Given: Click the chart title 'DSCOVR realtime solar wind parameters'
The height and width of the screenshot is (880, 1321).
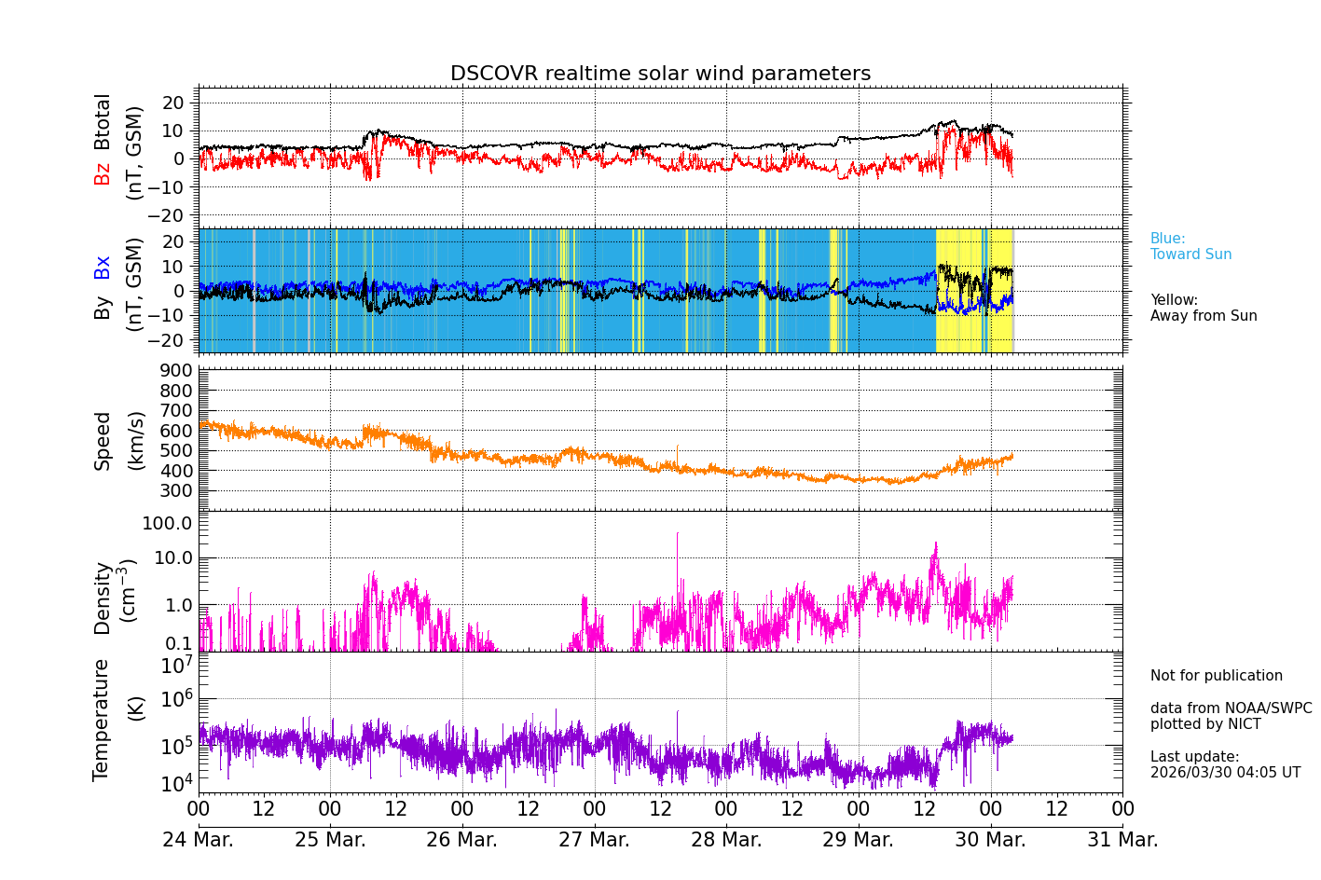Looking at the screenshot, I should click(x=660, y=74).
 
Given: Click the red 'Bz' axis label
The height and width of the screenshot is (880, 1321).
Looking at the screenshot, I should click(x=103, y=173).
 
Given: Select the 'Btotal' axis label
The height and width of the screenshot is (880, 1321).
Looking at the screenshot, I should click(x=103, y=121).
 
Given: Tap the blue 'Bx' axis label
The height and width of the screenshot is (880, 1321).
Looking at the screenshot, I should click(x=103, y=267).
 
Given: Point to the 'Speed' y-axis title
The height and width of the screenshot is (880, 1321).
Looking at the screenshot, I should click(x=103, y=440).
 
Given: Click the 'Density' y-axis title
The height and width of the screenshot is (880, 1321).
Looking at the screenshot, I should click(x=103, y=598).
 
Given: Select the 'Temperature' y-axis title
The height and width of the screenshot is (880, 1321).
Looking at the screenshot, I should click(x=101, y=719).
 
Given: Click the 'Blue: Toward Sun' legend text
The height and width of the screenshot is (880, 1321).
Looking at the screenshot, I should click(x=1190, y=246).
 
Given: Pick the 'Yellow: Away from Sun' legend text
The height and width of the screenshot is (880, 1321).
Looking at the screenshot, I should click(x=1203, y=308).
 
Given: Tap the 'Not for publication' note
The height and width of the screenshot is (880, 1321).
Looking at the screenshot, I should click(x=1216, y=676).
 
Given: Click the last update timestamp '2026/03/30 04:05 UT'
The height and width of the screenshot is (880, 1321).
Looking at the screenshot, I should click(x=1225, y=773).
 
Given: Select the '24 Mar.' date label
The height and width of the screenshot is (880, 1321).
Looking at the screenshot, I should click(x=198, y=840).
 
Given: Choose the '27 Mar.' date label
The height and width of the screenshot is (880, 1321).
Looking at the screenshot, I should click(x=594, y=840).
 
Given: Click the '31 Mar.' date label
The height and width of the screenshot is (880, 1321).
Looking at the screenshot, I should click(x=1122, y=840).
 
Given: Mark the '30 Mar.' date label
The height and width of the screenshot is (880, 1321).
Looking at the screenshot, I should click(x=990, y=840).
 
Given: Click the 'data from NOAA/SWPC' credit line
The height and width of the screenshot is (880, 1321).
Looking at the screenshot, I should click(x=1231, y=708).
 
